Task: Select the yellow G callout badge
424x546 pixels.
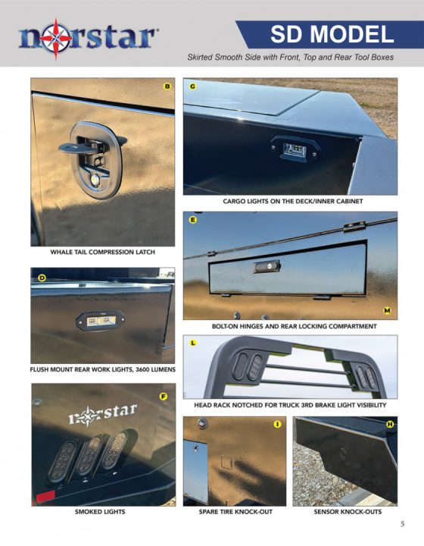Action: tap(193, 86)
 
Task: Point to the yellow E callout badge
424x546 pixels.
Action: tap(193, 220)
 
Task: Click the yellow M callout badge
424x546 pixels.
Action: tap(387, 310)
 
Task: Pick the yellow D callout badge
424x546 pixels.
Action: tap(42, 278)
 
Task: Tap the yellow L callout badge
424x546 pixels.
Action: tap(194, 343)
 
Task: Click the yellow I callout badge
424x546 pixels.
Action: tap(277, 424)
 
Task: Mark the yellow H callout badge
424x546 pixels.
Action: tap(389, 424)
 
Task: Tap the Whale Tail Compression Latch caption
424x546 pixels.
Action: tap(102, 252)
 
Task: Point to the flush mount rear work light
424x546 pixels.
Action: tap(95, 322)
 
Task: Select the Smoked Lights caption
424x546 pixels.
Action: tap(100, 512)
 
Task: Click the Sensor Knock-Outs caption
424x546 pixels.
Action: tap(347, 512)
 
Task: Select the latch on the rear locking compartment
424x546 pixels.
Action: tap(267, 267)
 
